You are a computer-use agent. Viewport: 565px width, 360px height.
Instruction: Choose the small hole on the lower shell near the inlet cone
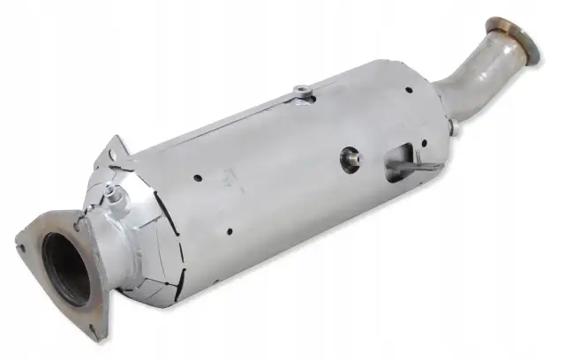tap(228, 235)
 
